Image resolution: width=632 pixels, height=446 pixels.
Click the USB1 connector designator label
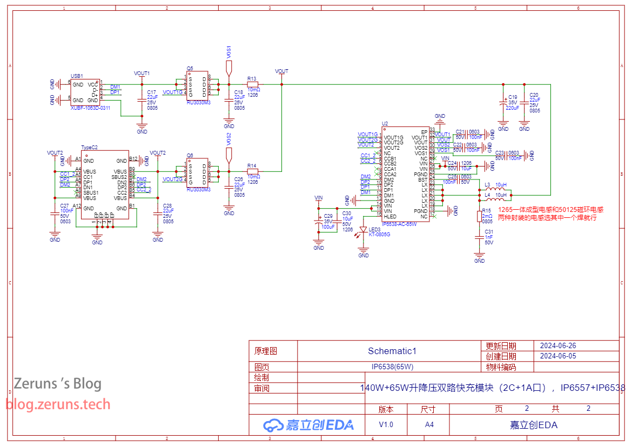click(x=77, y=76)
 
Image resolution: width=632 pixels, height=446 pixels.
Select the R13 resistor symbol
click(x=252, y=84)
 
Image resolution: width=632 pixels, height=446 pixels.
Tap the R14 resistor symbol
click(x=252, y=171)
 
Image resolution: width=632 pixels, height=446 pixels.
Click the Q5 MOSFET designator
click(x=190, y=69)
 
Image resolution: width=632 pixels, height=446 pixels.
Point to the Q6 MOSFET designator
click(x=190, y=155)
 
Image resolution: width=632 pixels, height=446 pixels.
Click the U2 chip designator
click(x=385, y=123)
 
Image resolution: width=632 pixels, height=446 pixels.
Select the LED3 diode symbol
click(x=364, y=230)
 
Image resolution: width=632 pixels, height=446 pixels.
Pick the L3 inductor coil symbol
click(x=495, y=189)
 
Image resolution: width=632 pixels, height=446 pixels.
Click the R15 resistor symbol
click(x=479, y=216)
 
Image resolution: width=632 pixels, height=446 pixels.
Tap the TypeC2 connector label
click(x=89, y=147)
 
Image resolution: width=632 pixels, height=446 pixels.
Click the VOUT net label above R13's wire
click(x=281, y=71)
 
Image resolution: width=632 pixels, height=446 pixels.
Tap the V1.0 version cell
click(x=386, y=424)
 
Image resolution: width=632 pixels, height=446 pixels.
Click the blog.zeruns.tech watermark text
click(x=58, y=404)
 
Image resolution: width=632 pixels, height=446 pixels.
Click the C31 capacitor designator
click(x=489, y=232)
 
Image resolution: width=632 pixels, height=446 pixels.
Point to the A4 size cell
click(x=429, y=424)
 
